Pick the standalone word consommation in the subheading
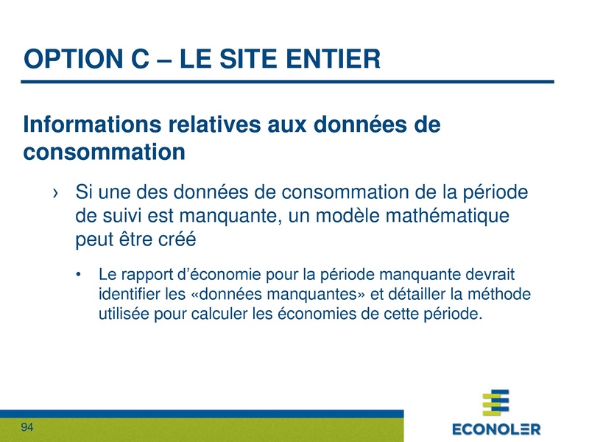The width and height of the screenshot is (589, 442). [103, 152]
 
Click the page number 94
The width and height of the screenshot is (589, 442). [28, 428]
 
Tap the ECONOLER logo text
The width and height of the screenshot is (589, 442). [496, 428]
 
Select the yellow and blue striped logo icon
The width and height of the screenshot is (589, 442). [495, 403]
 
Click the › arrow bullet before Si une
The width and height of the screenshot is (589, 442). [55, 193]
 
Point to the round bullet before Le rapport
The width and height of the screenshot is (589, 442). [79, 276]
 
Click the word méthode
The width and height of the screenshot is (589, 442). [503, 295]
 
